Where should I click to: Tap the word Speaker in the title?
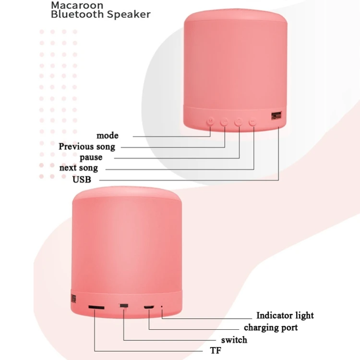[129, 14]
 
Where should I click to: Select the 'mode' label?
[107, 136]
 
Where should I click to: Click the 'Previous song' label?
[87, 146]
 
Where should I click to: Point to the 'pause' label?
[91, 157]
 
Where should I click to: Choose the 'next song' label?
[78, 168]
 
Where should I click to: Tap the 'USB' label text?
[81, 179]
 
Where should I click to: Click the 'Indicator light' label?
[285, 315]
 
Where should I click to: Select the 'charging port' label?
[271, 327]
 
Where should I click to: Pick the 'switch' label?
[234, 340]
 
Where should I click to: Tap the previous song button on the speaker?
[224, 122]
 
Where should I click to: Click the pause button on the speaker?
[239, 122]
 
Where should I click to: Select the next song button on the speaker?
[253, 122]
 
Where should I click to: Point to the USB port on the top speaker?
[276, 116]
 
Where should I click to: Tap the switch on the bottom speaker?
[124, 306]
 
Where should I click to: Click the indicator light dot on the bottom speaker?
[162, 306]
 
